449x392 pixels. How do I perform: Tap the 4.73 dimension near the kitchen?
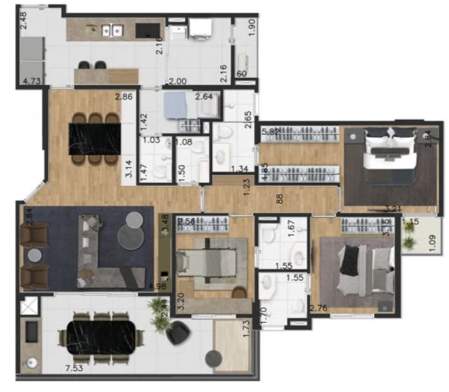[32, 80]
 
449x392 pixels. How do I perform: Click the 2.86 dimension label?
[124, 97]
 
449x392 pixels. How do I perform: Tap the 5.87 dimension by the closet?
[270, 132]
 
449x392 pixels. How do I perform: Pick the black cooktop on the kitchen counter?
[146, 30]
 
